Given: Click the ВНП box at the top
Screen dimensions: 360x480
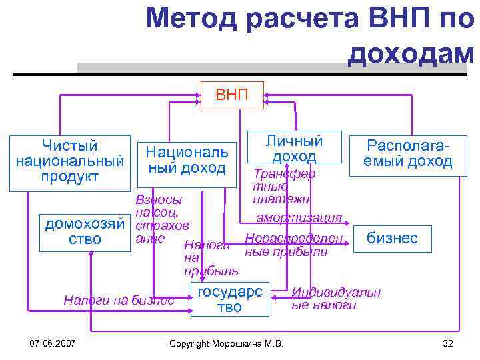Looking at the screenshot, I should [x=232, y=95].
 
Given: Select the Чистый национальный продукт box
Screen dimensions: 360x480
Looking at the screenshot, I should [x=69, y=161].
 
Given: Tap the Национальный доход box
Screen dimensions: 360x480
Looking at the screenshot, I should [x=187, y=160].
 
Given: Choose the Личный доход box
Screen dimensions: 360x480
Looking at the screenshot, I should [x=294, y=149].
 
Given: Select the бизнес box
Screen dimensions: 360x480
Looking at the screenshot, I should [x=392, y=238].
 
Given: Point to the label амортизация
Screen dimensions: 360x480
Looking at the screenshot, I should [x=299, y=218].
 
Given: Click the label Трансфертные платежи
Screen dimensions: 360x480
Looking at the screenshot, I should [x=283, y=186].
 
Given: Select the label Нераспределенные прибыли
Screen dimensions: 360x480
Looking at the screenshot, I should [x=293, y=245].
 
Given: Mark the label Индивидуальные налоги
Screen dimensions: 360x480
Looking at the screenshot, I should [x=336, y=299].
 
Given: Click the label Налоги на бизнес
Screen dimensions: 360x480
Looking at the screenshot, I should [x=119, y=300].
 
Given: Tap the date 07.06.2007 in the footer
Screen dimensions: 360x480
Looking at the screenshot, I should [x=53, y=343].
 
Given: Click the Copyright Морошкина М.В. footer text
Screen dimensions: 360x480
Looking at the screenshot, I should [x=227, y=343].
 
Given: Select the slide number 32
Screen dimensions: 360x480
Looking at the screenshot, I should [x=447, y=343].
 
